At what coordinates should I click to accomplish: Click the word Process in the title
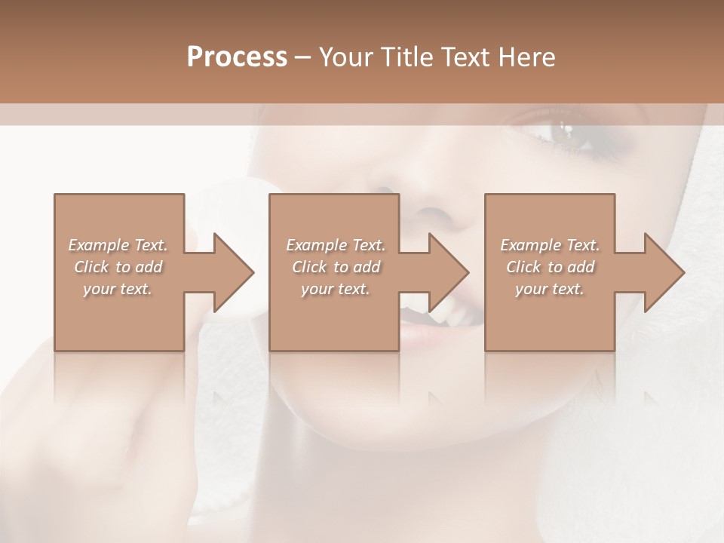(237, 57)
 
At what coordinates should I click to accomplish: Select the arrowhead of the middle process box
(449, 272)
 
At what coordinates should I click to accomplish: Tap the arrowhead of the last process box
(664, 272)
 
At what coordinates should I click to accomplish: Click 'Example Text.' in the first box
(118, 245)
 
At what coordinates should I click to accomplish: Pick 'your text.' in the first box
(118, 289)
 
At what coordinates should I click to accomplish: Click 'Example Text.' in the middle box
(336, 245)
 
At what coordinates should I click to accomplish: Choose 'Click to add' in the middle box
(336, 267)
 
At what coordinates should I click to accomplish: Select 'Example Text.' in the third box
(550, 245)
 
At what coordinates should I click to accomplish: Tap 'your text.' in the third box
(550, 289)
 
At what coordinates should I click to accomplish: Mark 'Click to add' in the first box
(118, 267)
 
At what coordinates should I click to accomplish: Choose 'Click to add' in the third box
(550, 267)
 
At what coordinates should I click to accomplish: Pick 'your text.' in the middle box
(336, 289)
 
